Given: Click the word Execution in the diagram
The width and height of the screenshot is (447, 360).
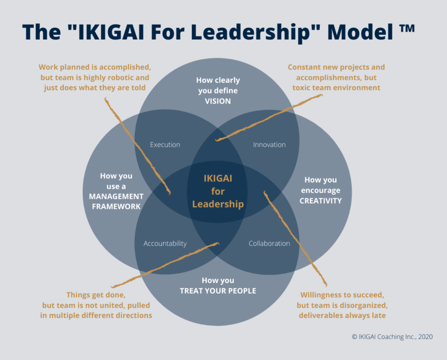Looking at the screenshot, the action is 165,145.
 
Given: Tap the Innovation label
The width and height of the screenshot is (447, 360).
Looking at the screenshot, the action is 269,145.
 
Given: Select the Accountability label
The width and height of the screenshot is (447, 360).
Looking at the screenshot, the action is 165,243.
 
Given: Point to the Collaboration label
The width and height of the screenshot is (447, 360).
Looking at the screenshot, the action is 269,243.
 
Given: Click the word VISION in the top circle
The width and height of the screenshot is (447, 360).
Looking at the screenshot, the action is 218,101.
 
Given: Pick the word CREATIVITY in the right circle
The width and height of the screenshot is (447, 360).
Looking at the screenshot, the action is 321,201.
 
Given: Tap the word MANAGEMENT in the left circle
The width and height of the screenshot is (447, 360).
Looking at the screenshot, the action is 116,196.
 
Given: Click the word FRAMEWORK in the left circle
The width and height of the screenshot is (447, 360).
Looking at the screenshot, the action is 116,206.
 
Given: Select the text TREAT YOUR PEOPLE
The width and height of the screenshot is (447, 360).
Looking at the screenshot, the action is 218,291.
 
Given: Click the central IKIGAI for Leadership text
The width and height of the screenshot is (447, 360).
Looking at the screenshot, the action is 218,191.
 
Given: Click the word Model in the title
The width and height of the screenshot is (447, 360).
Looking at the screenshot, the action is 360,32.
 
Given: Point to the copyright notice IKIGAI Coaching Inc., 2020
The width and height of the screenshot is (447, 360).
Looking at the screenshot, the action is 392,337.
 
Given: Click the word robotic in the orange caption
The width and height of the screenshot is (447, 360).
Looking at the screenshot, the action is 121,77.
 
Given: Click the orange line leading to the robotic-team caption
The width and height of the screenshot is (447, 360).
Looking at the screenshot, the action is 137,146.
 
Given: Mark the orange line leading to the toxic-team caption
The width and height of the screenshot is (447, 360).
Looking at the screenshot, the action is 269,118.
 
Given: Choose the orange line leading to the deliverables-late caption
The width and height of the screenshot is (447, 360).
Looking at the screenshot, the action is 295,239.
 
